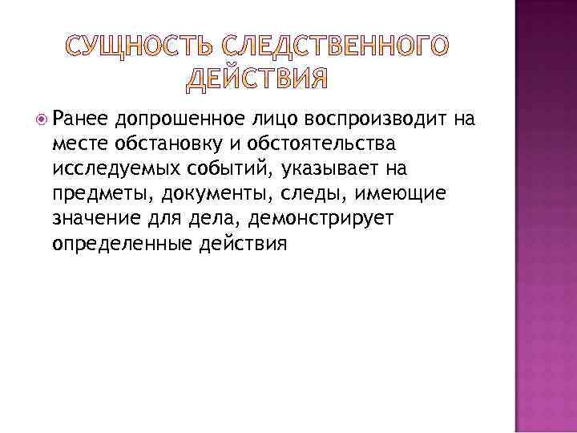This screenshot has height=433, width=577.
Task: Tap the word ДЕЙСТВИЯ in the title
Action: (259, 78)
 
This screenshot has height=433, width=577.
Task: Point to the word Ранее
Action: (80, 120)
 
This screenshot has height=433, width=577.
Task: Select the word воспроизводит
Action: (375, 120)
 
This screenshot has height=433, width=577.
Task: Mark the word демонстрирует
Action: (327, 220)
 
